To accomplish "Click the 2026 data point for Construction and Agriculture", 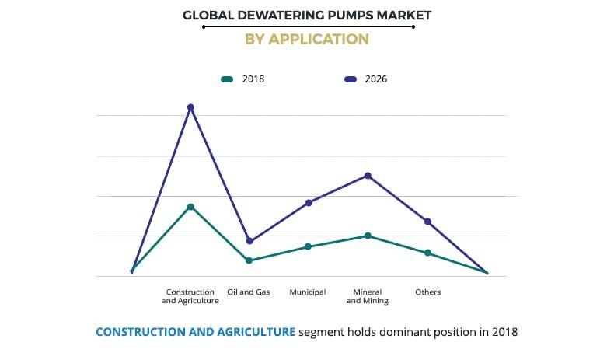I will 190,107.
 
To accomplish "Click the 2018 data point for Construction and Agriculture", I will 190,207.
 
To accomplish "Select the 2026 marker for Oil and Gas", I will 249,241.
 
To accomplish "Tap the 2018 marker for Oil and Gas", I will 249,260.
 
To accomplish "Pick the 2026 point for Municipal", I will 309,203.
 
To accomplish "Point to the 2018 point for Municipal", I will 308,246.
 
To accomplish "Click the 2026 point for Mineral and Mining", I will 368,176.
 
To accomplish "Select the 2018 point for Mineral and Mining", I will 368,236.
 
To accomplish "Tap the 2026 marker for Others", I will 427,222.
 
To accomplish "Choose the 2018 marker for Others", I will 427,253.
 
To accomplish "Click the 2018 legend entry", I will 243,79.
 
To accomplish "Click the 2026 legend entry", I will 365,79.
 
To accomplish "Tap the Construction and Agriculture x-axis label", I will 190,296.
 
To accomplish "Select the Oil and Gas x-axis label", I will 249,292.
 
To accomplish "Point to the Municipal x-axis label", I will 308,292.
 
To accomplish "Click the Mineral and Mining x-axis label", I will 368,296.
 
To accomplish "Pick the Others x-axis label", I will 427,292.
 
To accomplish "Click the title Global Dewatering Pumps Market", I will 306,15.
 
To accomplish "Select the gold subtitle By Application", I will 306,39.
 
